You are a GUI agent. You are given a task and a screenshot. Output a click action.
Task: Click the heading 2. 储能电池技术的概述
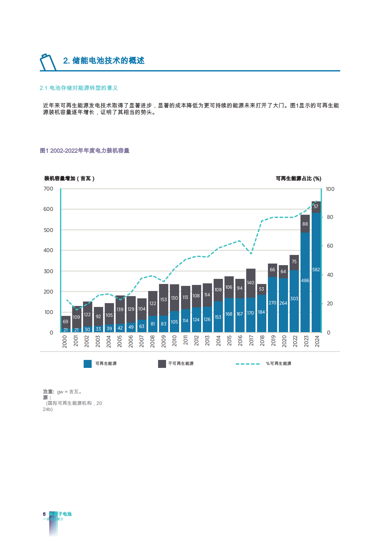pos(104,61)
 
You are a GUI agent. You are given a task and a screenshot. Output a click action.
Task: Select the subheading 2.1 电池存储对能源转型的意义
pos(79,88)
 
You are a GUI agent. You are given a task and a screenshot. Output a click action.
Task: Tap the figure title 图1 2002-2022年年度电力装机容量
pos(85,151)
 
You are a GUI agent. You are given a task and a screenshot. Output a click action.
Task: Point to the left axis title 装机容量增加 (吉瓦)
pos(69,178)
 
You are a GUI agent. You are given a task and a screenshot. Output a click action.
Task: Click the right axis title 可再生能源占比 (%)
pos(298,178)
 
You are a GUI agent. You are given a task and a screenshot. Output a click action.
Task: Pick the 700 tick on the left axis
pos(49,189)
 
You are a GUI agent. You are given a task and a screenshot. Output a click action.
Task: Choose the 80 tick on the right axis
pos(330,217)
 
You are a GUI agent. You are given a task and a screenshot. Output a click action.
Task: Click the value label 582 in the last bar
pos(316,270)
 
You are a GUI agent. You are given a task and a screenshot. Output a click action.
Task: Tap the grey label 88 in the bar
pos(305,224)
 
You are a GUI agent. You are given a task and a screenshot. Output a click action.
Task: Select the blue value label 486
pos(305,280)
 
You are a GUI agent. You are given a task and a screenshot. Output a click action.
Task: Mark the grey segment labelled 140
pos(251,283)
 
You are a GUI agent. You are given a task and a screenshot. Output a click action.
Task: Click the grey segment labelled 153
pos(163,300)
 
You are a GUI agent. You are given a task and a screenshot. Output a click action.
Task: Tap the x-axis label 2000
pos(65,341)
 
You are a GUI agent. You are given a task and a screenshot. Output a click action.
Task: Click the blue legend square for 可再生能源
pos(87,364)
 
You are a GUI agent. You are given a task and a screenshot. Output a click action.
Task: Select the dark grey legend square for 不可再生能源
pos(162,364)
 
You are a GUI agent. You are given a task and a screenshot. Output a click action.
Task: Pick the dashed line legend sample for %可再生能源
pos(248,364)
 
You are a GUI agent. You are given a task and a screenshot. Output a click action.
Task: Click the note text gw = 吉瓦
pos(70,392)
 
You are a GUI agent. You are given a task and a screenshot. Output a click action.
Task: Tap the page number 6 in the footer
pos(44,514)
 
